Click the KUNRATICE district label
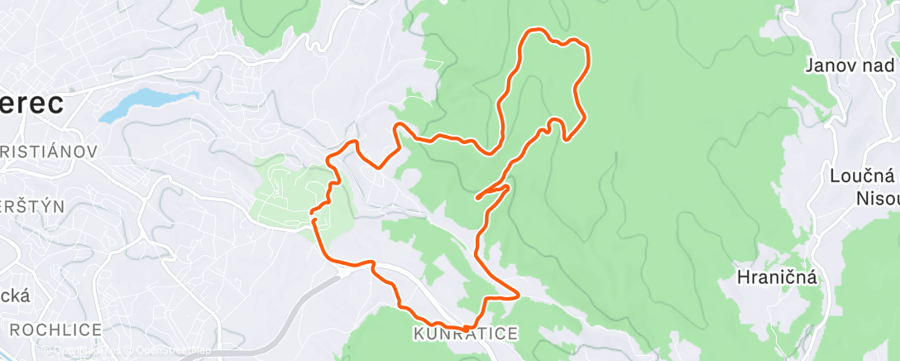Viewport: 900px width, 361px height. point(465,335)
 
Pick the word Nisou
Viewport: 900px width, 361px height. point(875,199)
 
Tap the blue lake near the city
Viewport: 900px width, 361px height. point(136,103)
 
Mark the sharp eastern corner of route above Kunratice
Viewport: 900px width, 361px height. point(518,293)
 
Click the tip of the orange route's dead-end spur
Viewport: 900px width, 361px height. point(478,199)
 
